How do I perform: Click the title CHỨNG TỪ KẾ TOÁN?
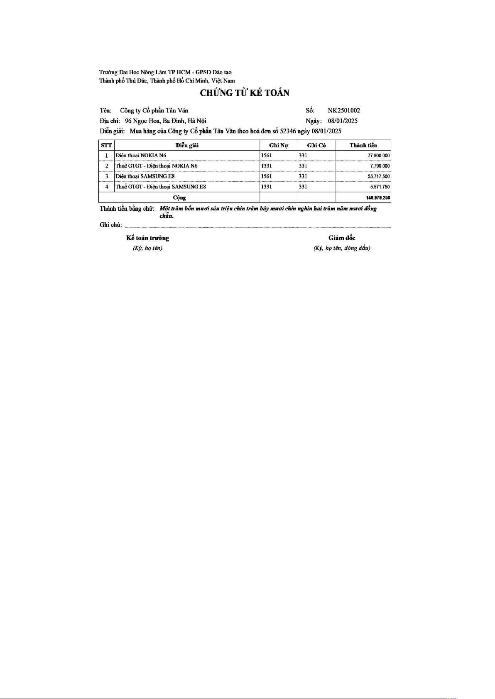coord(245,93)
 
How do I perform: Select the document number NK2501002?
coord(344,110)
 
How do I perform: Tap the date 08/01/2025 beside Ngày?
coord(343,121)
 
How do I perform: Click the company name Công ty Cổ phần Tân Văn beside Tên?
coord(154,110)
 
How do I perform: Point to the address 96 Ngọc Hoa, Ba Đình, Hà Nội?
coord(165,121)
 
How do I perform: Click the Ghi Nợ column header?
coord(279,145)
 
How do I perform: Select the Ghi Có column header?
coord(316,145)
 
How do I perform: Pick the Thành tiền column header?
coord(363,145)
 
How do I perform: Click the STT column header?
coord(106,145)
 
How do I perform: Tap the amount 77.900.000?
coord(379,156)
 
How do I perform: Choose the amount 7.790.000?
coord(380,166)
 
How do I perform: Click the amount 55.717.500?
coord(379,176)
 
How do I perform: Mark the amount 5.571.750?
coord(380,187)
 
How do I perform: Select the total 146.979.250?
coord(378,198)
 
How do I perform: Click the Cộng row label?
coord(179,198)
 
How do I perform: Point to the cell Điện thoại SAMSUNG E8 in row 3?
coord(145,176)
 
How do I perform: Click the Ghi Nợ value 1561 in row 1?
coord(267,155)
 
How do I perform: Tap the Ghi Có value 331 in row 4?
coord(303,187)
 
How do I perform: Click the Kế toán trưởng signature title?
coord(147,238)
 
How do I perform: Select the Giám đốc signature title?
coord(342,238)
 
